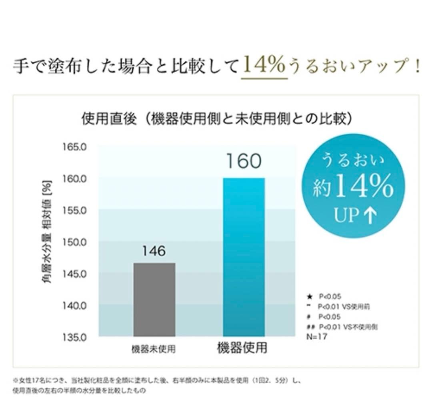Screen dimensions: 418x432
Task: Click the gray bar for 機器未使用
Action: click(x=154, y=299)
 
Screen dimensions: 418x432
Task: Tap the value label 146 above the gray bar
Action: click(x=154, y=251)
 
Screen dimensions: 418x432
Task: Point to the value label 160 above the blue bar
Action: click(x=243, y=161)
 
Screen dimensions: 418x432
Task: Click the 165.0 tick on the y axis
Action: click(x=74, y=147)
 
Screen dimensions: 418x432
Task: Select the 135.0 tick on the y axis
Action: click(x=74, y=337)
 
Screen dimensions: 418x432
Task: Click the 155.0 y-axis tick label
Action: click(x=74, y=210)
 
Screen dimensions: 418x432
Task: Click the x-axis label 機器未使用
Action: click(x=154, y=349)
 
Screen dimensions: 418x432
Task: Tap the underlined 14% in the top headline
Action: click(x=264, y=65)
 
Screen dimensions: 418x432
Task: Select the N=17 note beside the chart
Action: click(x=317, y=337)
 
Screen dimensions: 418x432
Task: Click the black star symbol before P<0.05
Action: click(x=309, y=297)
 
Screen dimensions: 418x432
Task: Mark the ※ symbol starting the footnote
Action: click(x=16, y=380)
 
